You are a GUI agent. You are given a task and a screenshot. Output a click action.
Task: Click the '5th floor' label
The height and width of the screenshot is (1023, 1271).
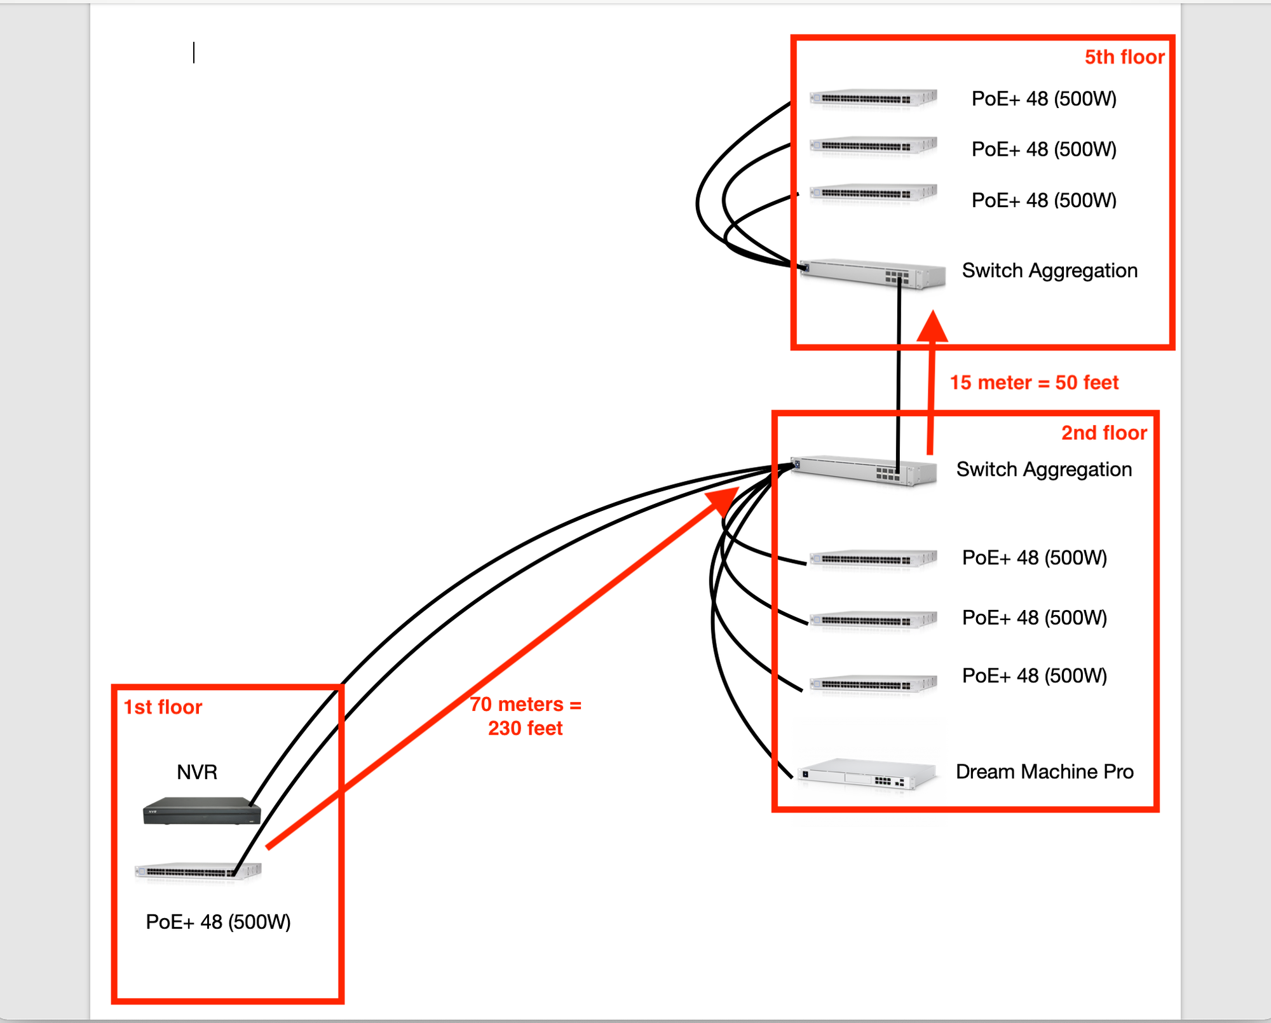(x=1124, y=57)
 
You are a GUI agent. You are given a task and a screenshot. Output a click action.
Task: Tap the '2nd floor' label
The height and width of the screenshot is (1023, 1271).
(x=1104, y=433)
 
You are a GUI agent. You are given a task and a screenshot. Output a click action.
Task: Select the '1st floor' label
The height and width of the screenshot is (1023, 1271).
(x=163, y=707)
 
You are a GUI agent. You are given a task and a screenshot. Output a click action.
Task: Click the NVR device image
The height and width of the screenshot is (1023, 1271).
(x=201, y=811)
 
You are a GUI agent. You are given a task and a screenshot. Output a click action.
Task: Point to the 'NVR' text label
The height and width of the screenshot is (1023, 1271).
(x=197, y=772)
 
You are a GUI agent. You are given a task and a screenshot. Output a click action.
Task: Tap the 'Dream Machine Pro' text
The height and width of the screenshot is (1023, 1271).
(x=1044, y=771)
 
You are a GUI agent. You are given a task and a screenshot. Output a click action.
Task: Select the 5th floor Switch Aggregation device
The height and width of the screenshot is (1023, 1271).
(x=873, y=273)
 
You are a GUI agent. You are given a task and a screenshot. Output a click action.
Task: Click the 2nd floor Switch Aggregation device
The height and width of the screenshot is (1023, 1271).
(x=864, y=470)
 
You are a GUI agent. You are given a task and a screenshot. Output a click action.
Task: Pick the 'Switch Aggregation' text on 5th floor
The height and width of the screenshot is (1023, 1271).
(x=1049, y=271)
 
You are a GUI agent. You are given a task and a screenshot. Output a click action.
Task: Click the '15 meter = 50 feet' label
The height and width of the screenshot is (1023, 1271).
(x=1034, y=383)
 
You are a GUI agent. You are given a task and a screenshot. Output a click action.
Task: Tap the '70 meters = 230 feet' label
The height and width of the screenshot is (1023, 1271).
(x=526, y=716)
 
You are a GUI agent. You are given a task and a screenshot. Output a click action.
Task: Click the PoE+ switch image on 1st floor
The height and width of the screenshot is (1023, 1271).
(x=198, y=871)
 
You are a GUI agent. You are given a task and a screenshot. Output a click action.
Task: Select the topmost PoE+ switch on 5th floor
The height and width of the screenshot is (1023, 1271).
(x=873, y=98)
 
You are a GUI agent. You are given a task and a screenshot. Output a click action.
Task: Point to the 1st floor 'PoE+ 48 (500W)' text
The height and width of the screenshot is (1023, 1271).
(x=218, y=921)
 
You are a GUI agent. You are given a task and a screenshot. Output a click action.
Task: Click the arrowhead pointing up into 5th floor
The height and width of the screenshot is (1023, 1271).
(x=932, y=327)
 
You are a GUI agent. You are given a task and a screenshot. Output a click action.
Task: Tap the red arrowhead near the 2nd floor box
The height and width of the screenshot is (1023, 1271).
(x=724, y=499)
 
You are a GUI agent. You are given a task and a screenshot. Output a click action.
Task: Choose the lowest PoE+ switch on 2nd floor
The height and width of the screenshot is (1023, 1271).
(x=873, y=684)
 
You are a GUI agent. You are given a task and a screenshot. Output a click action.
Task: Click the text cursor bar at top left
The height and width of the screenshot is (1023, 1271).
(x=194, y=53)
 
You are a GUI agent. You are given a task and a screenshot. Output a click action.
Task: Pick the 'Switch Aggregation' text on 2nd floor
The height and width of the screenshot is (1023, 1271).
(x=1043, y=470)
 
